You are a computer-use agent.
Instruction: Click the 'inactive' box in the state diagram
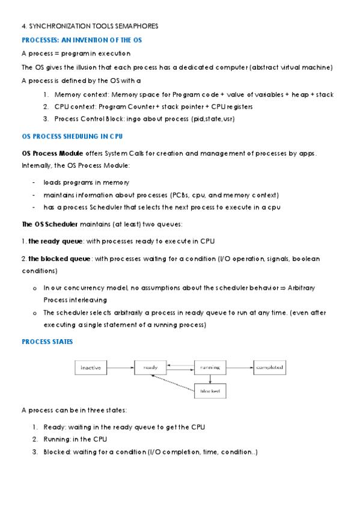pos(90,367)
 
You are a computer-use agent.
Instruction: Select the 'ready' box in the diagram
pos(150,367)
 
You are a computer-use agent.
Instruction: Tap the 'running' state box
pos(210,367)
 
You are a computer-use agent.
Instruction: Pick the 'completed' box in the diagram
pos(269,367)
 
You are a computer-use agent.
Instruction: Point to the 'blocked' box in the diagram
pos(210,392)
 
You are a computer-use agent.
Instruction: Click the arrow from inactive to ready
pos(120,367)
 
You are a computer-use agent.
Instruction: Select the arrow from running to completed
pos(240,367)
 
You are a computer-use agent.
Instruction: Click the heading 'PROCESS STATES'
pos(47,341)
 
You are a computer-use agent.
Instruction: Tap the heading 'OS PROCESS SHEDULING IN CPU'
pos(72,137)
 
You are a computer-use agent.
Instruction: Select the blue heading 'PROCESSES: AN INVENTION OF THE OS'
pos(82,40)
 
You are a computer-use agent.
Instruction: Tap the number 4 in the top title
pos(23,26)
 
